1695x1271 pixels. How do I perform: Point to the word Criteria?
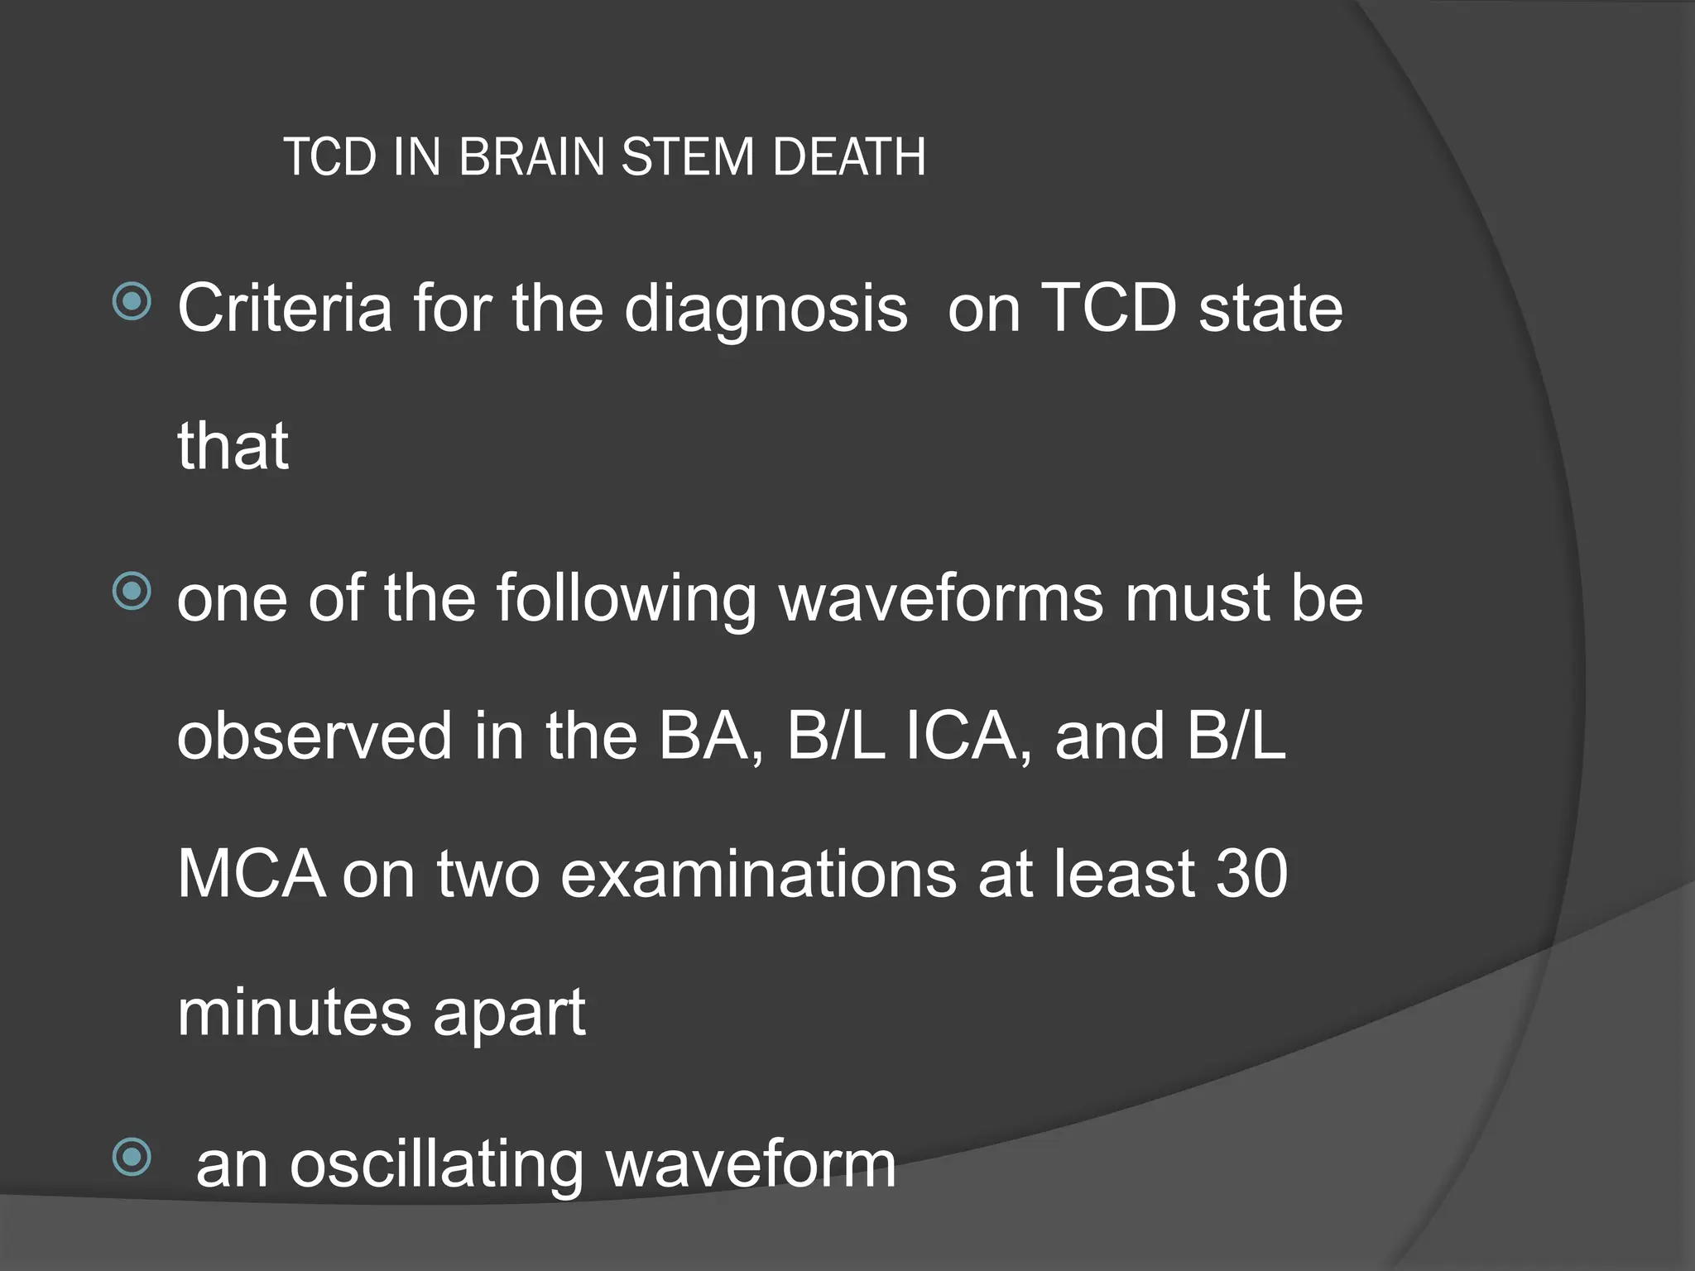pyautogui.click(x=285, y=309)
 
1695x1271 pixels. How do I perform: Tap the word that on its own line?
pyautogui.click(x=233, y=446)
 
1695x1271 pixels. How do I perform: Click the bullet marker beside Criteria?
pyautogui.click(x=132, y=302)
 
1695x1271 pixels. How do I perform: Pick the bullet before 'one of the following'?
pyautogui.click(x=132, y=592)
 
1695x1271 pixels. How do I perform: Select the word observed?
pyautogui.click(x=315, y=736)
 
